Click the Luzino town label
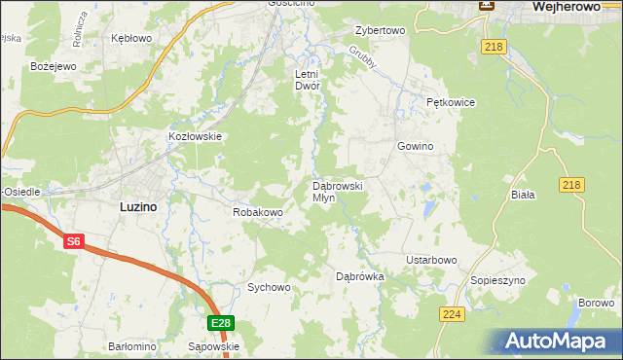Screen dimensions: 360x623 (x=138, y=206)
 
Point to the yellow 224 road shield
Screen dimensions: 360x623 (x=452, y=315)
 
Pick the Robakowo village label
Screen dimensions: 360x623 (x=257, y=211)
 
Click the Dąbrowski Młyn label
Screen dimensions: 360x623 (x=337, y=191)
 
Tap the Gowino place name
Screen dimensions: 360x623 (x=415, y=146)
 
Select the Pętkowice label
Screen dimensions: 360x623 (x=450, y=101)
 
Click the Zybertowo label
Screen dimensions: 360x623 (x=380, y=30)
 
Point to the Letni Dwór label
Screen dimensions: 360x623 (x=308, y=80)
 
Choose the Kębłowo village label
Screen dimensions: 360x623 (x=131, y=38)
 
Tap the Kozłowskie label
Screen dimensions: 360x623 (x=196, y=137)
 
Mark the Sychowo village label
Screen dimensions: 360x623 (x=269, y=287)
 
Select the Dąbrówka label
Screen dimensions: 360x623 (x=360, y=276)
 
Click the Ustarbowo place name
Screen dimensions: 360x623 (x=431, y=260)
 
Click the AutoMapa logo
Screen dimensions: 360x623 (x=560, y=341)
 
